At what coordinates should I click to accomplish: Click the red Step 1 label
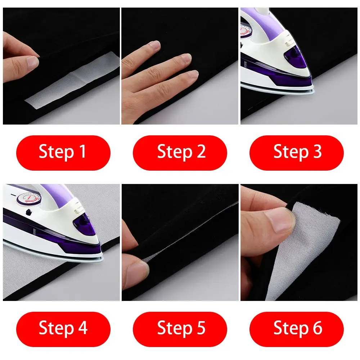click(63, 152)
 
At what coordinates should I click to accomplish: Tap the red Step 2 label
click(180, 152)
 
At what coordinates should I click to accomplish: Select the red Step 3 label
click(297, 152)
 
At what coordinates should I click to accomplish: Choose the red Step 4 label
click(63, 329)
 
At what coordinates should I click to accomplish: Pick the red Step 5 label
click(180, 329)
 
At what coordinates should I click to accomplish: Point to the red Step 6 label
click(297, 329)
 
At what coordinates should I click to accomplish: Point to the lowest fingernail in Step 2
click(192, 74)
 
